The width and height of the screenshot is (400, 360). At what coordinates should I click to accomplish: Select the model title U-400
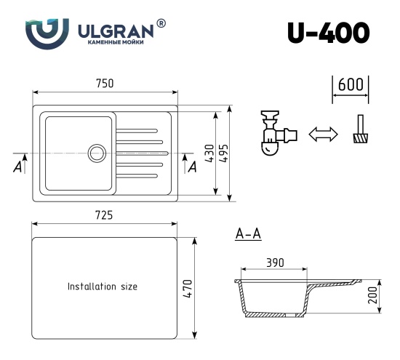[328, 32]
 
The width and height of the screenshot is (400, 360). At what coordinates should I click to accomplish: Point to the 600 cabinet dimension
[351, 84]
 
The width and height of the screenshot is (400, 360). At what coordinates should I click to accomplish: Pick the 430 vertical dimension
[208, 153]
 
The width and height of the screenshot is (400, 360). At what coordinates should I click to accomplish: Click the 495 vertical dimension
[225, 153]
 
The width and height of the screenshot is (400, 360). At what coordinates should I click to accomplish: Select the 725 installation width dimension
[104, 216]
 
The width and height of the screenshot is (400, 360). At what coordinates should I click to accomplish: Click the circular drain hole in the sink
[96, 153]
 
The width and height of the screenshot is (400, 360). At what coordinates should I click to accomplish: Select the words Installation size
[102, 287]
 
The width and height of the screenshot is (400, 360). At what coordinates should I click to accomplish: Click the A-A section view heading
[249, 234]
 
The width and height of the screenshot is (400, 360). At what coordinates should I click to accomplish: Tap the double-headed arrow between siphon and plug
[324, 135]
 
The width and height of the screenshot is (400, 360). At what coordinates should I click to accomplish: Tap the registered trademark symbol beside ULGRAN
[161, 23]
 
